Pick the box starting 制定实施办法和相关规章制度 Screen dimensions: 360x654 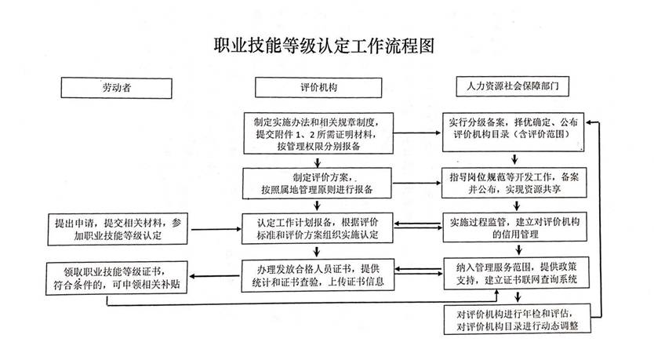317,134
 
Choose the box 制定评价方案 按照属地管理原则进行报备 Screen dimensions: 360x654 317,182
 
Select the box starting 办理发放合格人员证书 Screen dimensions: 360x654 317,271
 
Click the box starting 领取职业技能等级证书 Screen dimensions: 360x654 116,276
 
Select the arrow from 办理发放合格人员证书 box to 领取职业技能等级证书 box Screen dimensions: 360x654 216,275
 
